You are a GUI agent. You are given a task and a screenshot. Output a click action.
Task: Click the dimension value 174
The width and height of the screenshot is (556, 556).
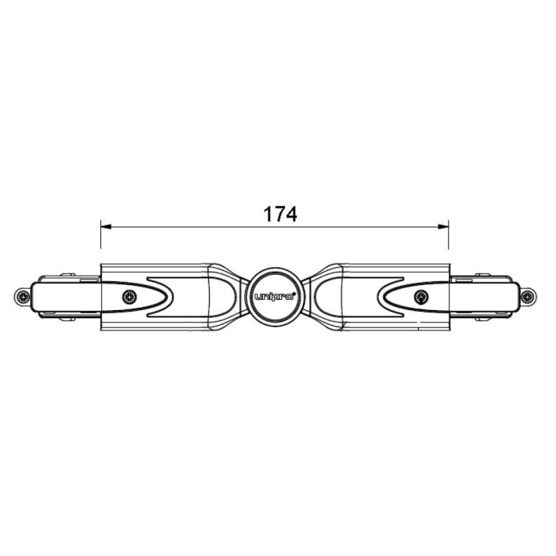coord(280,215)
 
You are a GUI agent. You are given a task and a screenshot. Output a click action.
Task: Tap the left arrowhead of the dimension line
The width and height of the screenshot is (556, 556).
coord(106,226)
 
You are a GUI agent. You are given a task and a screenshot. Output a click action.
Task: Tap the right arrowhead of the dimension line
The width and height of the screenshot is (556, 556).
coord(443,226)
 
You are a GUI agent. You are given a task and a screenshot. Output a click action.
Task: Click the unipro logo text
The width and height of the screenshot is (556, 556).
coord(274,297)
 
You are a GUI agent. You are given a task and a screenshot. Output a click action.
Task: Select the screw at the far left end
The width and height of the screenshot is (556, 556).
coord(23,296)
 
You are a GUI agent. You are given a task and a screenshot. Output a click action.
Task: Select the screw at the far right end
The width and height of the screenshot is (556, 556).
coord(528,296)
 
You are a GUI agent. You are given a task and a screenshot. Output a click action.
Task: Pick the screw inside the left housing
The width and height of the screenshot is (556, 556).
coord(129,297)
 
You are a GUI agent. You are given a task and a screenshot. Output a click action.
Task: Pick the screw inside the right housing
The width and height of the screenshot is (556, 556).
coord(421,297)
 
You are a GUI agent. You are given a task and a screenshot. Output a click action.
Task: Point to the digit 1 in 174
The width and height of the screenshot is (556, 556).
coord(268,215)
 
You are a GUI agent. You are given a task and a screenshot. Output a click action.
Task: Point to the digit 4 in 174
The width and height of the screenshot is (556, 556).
coord(291,215)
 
